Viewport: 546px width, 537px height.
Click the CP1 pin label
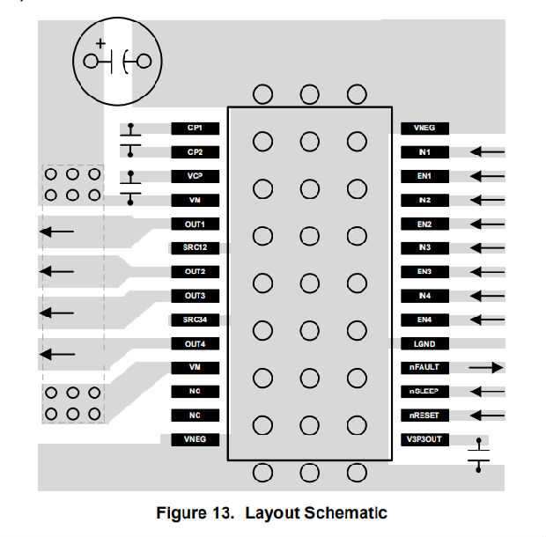pyautogui.click(x=195, y=128)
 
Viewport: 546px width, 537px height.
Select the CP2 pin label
pyautogui.click(x=195, y=151)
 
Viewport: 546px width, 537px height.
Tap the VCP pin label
pyautogui.click(x=195, y=175)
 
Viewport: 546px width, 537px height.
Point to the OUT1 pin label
pyautogui.click(x=195, y=224)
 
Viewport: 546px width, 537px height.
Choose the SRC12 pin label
pyautogui.click(x=195, y=247)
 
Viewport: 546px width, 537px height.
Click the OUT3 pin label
pyautogui.click(x=195, y=295)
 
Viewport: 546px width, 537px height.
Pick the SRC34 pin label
pyautogui.click(x=195, y=319)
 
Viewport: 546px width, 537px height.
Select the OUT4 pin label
pyautogui.click(x=195, y=342)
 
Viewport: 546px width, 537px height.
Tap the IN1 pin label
pyautogui.click(x=424, y=151)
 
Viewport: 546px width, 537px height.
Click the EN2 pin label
pyautogui.click(x=424, y=224)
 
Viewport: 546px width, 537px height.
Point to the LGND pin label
pyautogui.click(x=424, y=342)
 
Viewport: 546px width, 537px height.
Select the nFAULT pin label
pyautogui.click(x=424, y=366)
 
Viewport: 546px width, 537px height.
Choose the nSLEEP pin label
pyautogui.click(x=424, y=390)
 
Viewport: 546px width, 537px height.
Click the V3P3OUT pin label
pyautogui.click(x=424, y=438)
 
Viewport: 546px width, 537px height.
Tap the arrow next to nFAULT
pyautogui.click(x=486, y=367)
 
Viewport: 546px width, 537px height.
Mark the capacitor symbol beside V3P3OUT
pyautogui.click(x=478, y=453)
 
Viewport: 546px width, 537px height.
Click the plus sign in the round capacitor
pyautogui.click(x=100, y=42)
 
